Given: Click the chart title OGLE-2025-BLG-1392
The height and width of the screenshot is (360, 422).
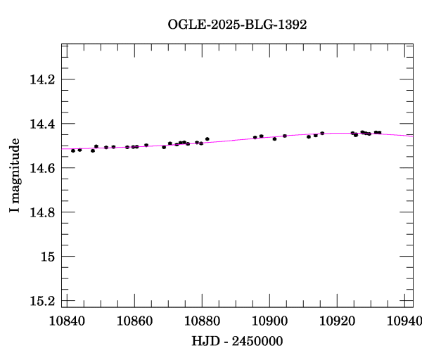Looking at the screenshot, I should tap(237, 25).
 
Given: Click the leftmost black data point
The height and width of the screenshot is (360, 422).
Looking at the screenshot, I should tap(73, 150).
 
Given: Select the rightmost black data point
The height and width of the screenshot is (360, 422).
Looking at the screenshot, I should tap(380, 132).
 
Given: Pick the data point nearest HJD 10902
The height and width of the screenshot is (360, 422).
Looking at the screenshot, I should tap(274, 139).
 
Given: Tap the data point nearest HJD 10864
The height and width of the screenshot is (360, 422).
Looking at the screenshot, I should tap(146, 145).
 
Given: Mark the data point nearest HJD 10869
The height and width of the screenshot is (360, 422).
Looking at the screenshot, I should tap(164, 147).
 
